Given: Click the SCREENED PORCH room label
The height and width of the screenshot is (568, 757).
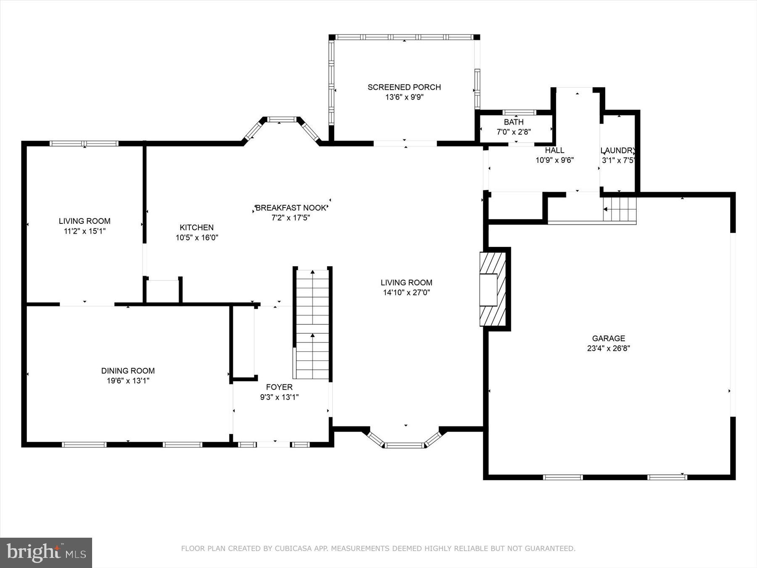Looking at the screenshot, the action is (404, 87).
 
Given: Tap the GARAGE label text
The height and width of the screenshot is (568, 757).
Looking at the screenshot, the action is (609, 338).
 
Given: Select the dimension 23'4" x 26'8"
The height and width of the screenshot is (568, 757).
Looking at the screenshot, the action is (609, 348).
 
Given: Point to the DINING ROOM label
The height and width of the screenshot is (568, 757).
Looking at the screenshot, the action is (128, 371).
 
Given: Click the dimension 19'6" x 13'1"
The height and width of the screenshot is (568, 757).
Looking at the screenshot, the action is (128, 381).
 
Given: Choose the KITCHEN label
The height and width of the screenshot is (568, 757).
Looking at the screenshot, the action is (197, 228).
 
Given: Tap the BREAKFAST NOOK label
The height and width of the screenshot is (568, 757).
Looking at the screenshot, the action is (291, 208).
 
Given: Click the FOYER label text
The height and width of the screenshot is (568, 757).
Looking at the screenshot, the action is (279, 387).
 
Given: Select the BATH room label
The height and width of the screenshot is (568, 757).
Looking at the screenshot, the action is (514, 122).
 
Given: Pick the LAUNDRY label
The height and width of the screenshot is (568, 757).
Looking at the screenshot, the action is (617, 150).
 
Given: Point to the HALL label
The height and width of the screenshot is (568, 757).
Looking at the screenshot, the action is (555, 150).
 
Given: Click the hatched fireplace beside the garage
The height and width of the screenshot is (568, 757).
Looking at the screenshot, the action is (493, 289).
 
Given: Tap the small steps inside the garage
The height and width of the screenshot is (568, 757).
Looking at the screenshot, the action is (620, 209).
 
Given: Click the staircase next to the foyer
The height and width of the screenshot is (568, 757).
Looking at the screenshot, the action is (312, 324).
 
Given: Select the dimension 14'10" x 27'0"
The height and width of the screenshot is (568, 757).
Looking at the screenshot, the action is (406, 293).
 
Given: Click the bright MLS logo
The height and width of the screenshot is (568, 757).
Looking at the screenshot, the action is (46, 552).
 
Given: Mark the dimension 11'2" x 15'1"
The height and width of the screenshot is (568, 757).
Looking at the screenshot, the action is (85, 231).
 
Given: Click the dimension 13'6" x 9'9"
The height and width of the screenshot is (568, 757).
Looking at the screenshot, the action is (405, 97).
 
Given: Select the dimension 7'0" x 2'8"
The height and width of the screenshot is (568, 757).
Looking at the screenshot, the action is (514, 132).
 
